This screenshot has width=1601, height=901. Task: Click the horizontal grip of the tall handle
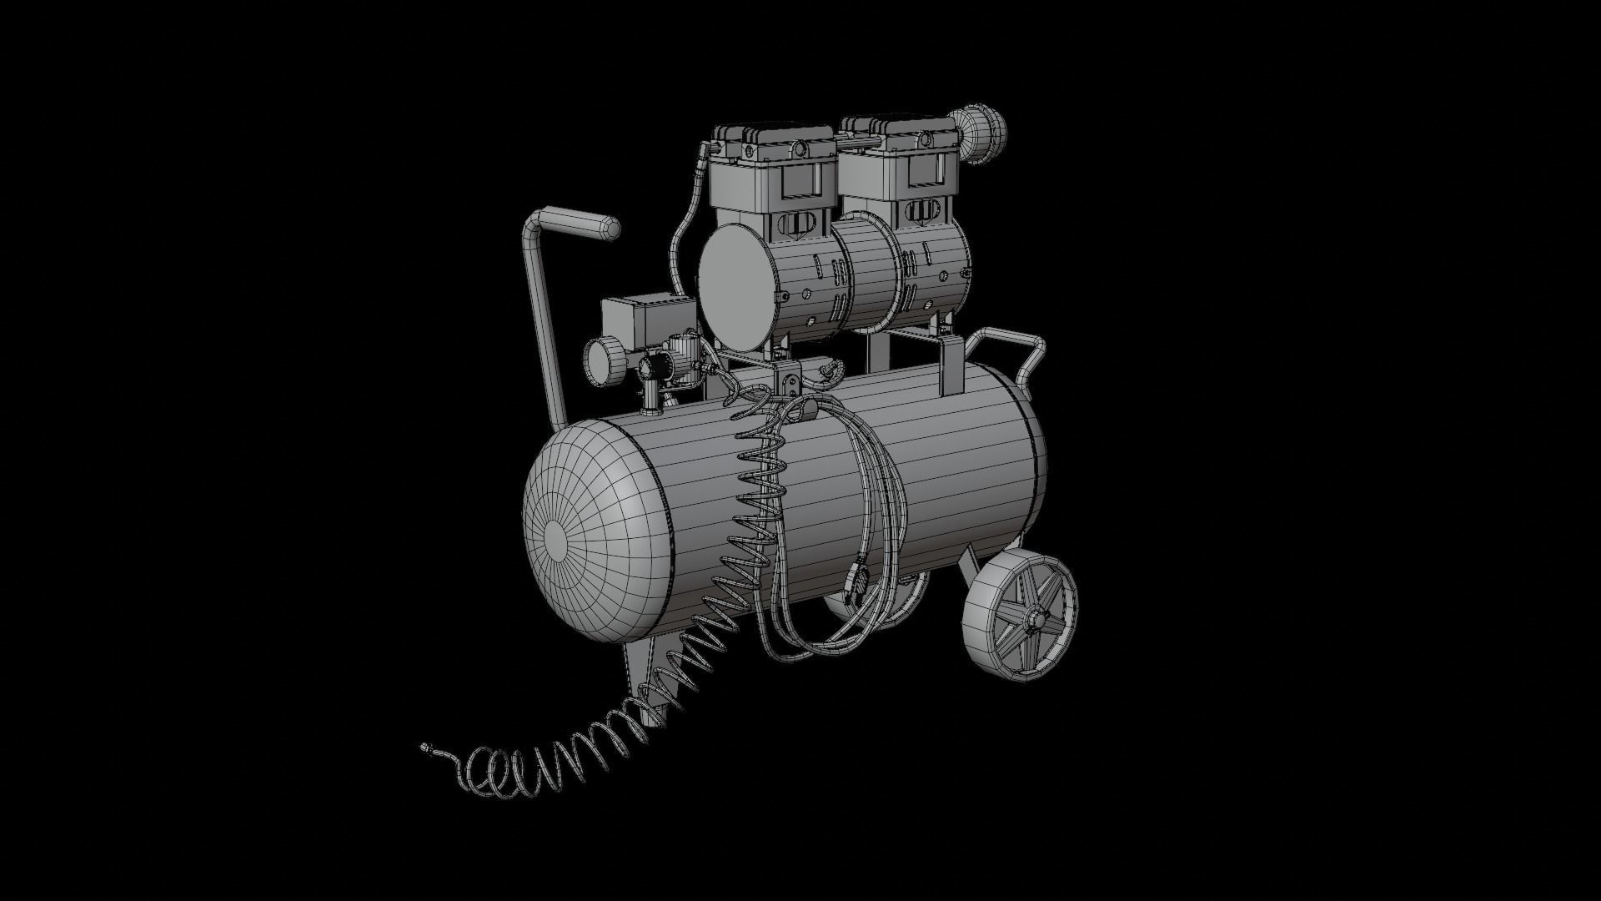tap(577, 224)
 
